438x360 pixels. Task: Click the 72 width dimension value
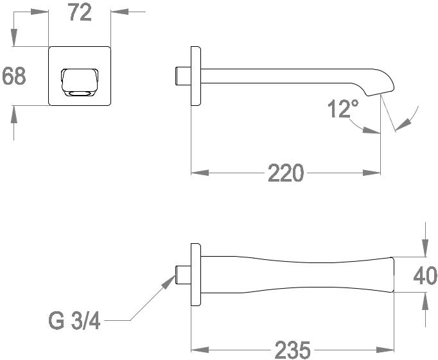point(80,13)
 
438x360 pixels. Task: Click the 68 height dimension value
point(14,76)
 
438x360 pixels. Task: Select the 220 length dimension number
point(286,173)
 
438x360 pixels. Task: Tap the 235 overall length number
point(293,350)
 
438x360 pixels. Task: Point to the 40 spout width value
point(425,276)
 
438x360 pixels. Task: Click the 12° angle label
point(344,109)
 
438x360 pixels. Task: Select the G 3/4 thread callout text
point(74,321)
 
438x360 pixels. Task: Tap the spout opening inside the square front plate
point(80,82)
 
